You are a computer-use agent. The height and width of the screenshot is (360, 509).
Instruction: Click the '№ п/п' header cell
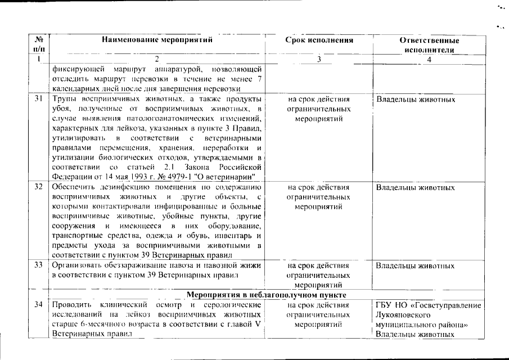coord(39,45)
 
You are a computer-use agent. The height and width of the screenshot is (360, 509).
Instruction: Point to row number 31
coord(39,100)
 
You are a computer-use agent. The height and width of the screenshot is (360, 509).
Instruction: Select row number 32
coord(39,187)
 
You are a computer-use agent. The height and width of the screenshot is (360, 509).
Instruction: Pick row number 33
coord(39,265)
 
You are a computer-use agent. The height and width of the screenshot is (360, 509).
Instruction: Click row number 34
coord(39,305)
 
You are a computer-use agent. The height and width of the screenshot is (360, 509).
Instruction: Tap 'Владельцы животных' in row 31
coord(415,100)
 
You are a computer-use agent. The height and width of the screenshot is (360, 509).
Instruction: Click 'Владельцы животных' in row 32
coord(415,187)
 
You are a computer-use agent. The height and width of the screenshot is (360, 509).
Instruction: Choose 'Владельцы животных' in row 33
coord(415,265)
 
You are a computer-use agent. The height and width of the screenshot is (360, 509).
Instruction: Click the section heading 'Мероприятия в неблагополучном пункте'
coord(265,295)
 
